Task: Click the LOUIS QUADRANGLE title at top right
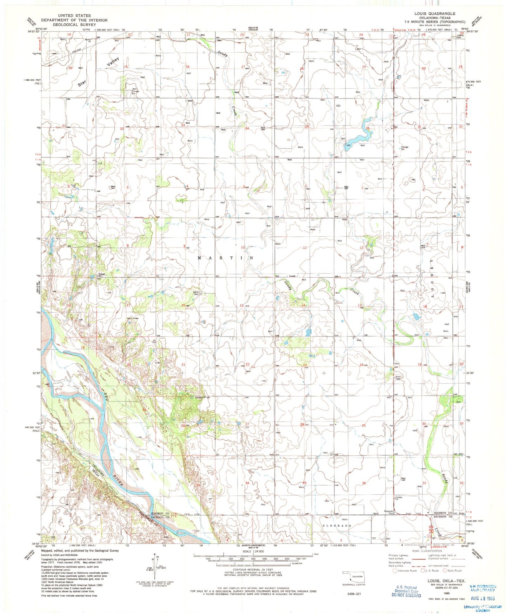[x=435, y=14]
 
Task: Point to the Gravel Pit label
[x=102, y=275]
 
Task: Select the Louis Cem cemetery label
[x=196, y=293]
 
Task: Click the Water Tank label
[x=398, y=378]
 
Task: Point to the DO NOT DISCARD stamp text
[x=406, y=595]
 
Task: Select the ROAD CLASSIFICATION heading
[x=427, y=551]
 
